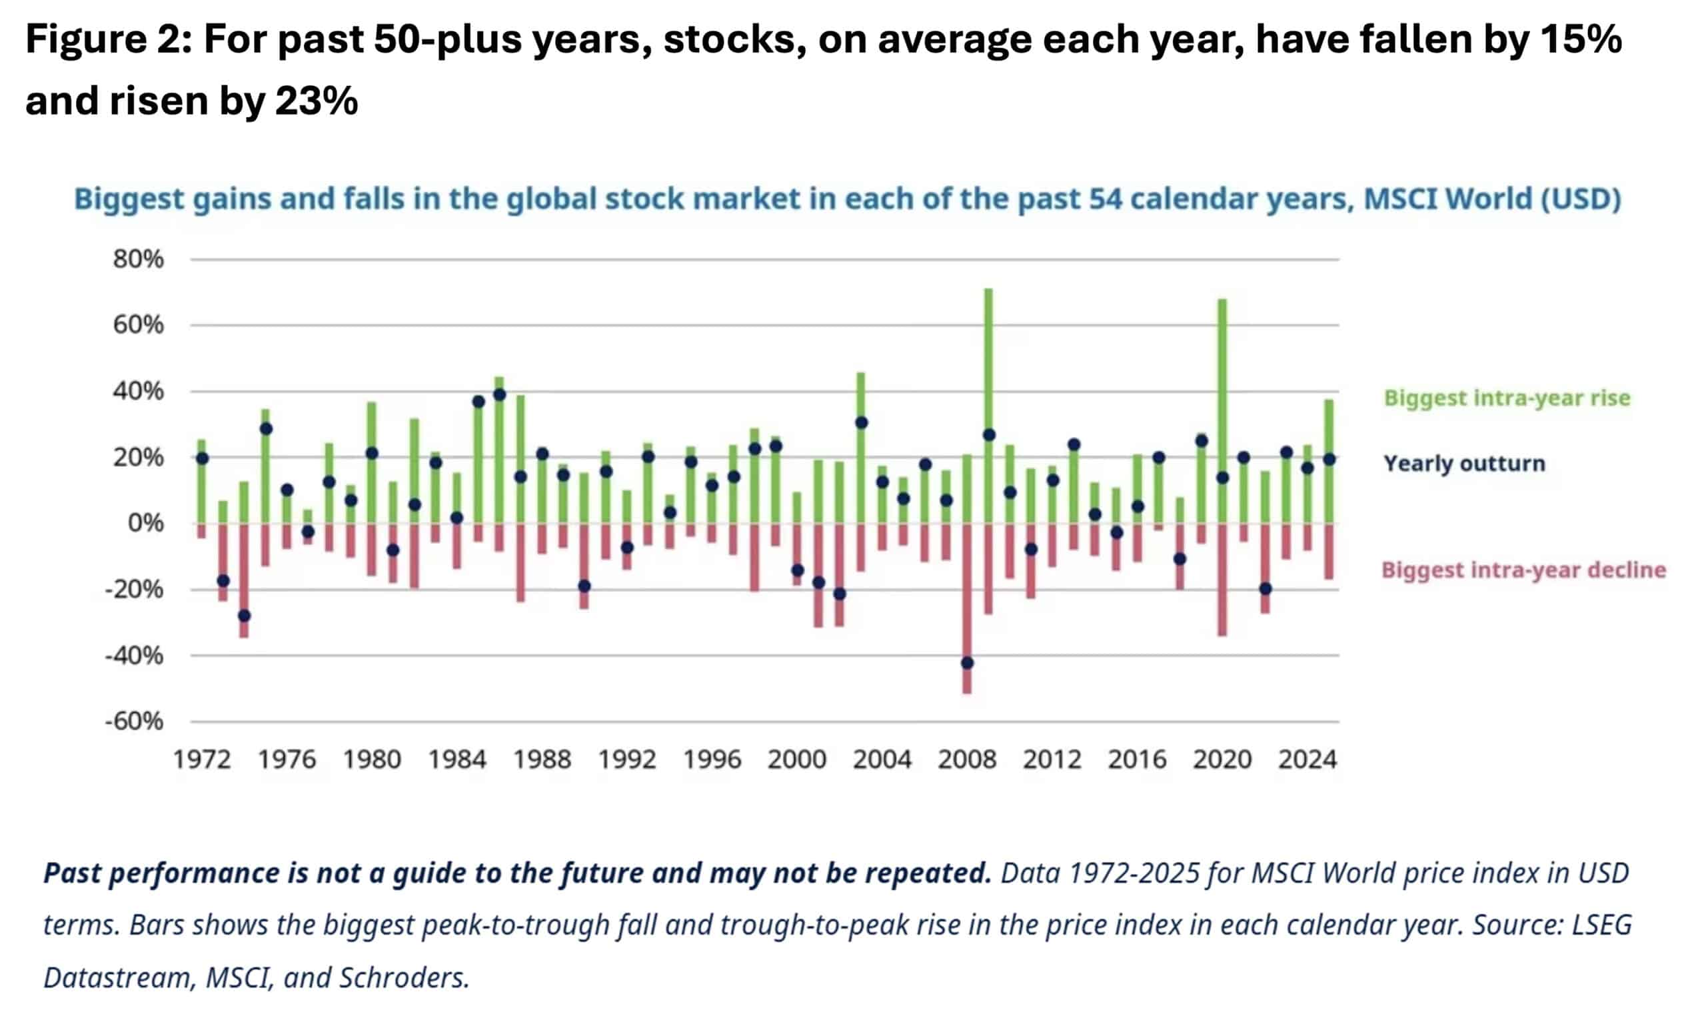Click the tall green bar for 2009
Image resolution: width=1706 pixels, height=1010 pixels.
[988, 360]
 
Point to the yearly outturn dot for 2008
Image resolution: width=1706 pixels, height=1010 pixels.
[968, 663]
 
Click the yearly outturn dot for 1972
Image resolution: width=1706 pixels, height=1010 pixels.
[202, 459]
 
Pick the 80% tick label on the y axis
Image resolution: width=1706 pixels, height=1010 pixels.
[138, 259]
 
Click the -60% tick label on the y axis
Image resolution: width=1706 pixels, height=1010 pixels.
[134, 722]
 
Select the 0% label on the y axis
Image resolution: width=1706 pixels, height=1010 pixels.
[146, 524]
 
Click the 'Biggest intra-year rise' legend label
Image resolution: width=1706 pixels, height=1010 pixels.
[1507, 398]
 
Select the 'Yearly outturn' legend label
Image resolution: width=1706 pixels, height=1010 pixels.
[1464, 464]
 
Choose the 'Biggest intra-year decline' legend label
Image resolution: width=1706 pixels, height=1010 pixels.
[1523, 570]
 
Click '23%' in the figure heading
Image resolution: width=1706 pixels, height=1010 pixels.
[317, 101]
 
